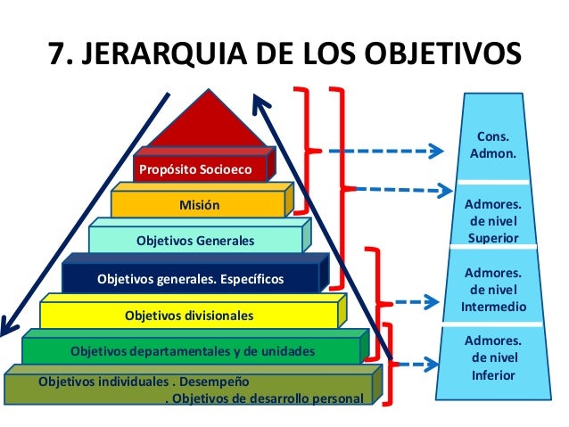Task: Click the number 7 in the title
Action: point(56,53)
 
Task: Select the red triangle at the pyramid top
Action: point(210,120)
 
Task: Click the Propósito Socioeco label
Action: point(194,168)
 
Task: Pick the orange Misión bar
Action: point(200,205)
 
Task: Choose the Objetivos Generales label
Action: point(195,241)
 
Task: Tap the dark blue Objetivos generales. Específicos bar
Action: point(190,279)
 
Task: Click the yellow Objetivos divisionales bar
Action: point(189,316)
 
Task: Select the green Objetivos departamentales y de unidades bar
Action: point(193,349)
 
